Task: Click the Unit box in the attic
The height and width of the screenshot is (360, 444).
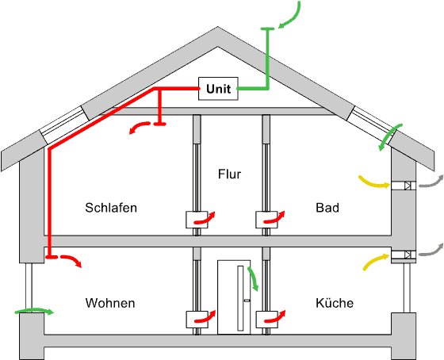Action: [x=218, y=89]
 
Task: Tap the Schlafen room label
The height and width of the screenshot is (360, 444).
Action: [x=111, y=208]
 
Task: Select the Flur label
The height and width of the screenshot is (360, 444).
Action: [x=229, y=174]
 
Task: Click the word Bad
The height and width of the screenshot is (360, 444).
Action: [x=327, y=208]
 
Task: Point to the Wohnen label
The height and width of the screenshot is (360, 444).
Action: [x=110, y=303]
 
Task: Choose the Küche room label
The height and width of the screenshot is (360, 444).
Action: [x=335, y=303]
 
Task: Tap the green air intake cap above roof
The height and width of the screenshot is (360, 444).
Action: [x=267, y=29]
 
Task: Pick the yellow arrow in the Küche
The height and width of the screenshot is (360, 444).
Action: [x=375, y=260]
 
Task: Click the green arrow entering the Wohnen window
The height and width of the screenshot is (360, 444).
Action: [x=34, y=310]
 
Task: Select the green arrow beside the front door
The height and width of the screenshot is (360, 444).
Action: [x=253, y=278]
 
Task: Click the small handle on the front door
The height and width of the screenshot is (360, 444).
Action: [x=247, y=301]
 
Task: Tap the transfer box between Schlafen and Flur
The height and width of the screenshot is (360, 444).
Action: [x=197, y=220]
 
